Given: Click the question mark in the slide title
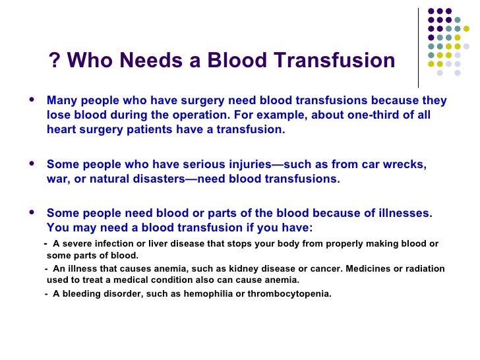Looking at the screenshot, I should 54,61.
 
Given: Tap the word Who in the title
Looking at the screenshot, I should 89,61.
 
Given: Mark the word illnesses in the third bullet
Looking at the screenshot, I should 404,214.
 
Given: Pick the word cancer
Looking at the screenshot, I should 297,269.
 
